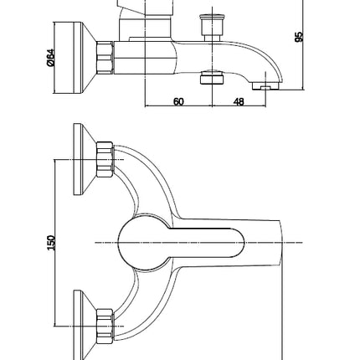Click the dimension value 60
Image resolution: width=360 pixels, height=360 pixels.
click(x=178, y=102)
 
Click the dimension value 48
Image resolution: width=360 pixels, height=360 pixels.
click(x=239, y=102)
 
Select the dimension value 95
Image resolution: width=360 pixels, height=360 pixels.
click(x=299, y=37)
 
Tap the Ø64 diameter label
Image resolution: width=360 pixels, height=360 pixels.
click(x=50, y=58)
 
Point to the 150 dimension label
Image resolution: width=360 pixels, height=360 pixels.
click(x=51, y=243)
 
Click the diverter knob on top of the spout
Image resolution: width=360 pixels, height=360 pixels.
click(x=213, y=28)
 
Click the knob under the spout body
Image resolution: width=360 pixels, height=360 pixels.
click(x=213, y=77)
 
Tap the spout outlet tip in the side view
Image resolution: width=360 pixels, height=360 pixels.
click(x=265, y=85)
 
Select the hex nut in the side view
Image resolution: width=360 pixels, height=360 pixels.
click(x=105, y=58)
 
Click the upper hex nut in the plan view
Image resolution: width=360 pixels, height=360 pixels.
click(x=105, y=159)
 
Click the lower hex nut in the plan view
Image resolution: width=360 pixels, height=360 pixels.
click(x=105, y=326)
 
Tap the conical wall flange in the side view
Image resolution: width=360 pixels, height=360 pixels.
click(x=75, y=58)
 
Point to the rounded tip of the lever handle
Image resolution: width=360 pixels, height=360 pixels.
click(x=239, y=243)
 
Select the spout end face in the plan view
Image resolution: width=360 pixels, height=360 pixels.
click(x=281, y=243)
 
